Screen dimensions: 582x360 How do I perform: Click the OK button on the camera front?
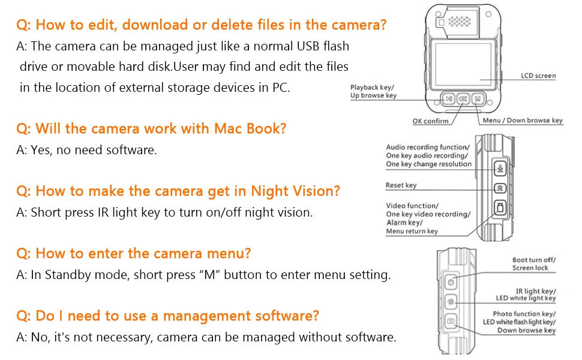[x=463, y=99]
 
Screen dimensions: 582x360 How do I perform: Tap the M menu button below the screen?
[x=478, y=99]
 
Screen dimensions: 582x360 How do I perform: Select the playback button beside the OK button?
[x=449, y=99]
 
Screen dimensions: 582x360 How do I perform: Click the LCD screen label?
[x=538, y=76]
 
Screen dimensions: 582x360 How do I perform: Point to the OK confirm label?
[x=431, y=121]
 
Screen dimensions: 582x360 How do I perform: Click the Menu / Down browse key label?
[x=523, y=120]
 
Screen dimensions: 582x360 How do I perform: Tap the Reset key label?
[x=401, y=185]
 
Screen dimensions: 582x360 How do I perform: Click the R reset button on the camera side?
[x=500, y=188]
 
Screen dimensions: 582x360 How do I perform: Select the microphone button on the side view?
[x=500, y=169]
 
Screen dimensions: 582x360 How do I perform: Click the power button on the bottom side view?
[x=451, y=282]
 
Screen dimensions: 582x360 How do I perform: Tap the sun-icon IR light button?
[x=451, y=302]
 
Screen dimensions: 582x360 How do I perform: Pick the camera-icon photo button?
[x=451, y=321]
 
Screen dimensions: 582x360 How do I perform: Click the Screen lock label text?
[x=530, y=268]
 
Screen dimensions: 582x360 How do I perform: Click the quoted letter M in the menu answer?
[x=210, y=275]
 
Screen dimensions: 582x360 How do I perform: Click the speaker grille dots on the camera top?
[x=460, y=22]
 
